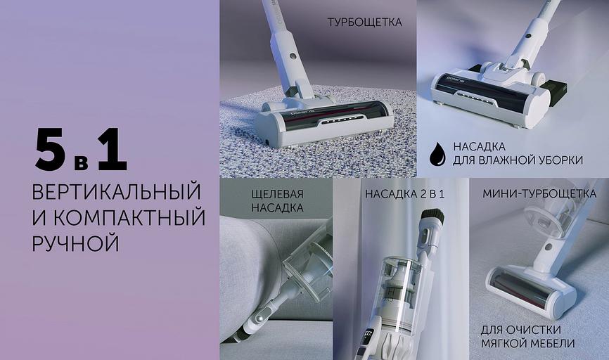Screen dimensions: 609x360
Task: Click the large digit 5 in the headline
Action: (x=51, y=149)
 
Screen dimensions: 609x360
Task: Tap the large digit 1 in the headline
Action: (x=113, y=149)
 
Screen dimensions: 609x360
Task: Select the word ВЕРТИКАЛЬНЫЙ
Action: (x=117, y=191)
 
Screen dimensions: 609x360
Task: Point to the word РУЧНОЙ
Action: (x=75, y=243)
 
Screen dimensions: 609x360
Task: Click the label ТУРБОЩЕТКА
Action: (x=365, y=22)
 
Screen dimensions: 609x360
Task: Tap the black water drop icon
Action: (x=437, y=154)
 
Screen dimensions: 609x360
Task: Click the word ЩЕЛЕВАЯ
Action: (x=277, y=194)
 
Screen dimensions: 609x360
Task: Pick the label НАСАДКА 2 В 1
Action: (x=404, y=194)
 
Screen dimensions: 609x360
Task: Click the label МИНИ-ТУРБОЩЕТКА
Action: (x=539, y=193)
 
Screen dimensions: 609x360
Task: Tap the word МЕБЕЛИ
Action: (x=551, y=343)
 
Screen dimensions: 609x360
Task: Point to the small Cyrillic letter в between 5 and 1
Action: (x=81, y=162)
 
